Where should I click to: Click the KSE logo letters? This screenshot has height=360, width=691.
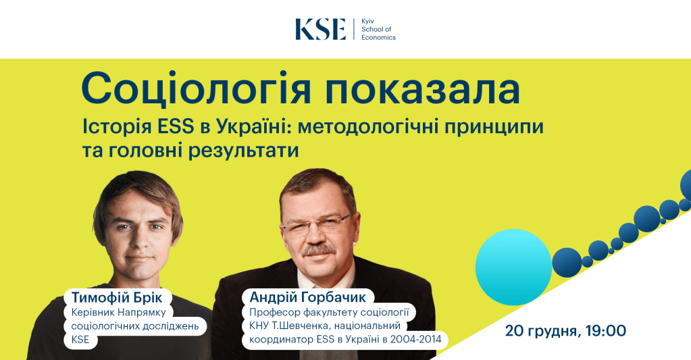tap(320, 30)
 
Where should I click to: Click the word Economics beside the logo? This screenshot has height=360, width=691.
tap(378, 37)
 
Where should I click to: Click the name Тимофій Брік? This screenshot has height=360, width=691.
tap(117, 297)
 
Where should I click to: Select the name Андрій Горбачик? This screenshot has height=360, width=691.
tap(307, 297)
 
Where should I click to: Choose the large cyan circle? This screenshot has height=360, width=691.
tap(513, 267)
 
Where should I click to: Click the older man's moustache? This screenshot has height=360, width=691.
tap(318, 250)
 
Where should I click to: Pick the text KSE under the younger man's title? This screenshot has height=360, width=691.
tap(80, 340)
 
